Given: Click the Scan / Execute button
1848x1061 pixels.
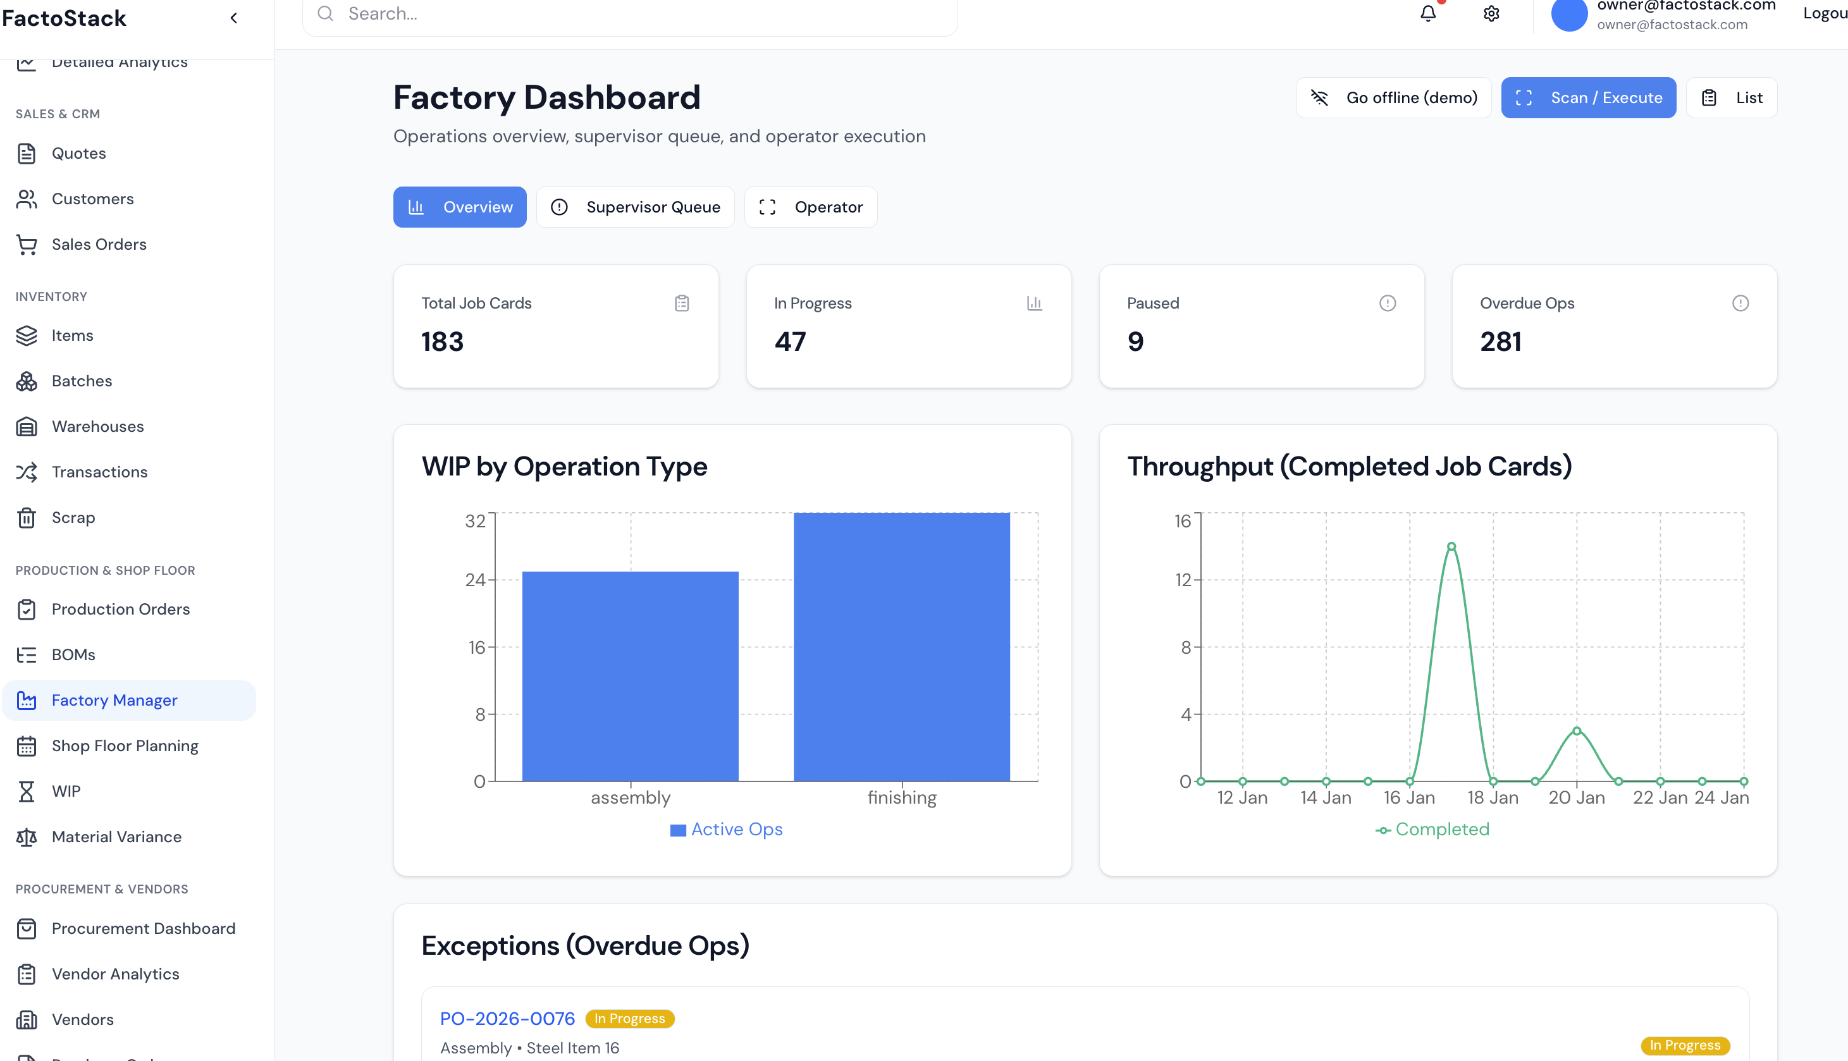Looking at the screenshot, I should coord(1588,97).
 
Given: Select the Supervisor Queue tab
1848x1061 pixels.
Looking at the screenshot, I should coord(635,207).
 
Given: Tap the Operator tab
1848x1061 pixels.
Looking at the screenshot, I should coord(810,207).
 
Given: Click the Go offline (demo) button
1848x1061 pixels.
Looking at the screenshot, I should coord(1393,97).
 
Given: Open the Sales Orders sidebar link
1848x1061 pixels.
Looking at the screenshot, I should coord(99,244).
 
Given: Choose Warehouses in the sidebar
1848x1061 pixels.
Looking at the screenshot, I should coord(97,426).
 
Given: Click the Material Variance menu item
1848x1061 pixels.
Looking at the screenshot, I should coord(116,837).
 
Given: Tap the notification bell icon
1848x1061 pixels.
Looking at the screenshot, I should coord(1427,14).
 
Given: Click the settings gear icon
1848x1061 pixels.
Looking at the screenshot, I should coord(1491,14).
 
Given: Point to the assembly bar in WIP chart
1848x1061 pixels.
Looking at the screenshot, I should coord(631,675).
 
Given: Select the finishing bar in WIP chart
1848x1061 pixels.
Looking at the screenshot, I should coord(901,646).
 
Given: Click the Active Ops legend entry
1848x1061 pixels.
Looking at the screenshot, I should coord(727,830).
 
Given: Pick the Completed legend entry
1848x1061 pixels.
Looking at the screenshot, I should coord(1432,830).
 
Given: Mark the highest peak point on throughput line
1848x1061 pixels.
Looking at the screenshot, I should coord(1451,546).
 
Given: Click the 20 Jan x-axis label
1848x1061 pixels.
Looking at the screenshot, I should coord(1576,798).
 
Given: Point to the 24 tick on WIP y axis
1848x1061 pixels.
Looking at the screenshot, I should coord(475,580).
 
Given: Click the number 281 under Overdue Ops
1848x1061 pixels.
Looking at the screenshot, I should coord(1500,342).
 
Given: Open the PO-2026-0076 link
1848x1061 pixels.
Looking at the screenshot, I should coord(507,1018).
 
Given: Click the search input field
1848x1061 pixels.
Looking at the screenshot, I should coord(630,14).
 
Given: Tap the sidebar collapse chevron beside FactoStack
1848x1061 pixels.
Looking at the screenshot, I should coord(234,18).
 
